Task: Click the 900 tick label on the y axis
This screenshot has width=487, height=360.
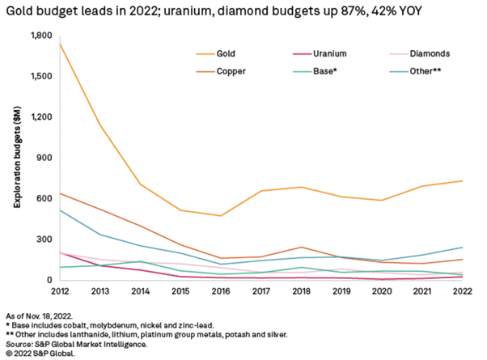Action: point(44,158)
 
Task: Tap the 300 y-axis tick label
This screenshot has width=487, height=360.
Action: point(44,239)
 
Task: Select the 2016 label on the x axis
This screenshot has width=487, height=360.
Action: point(220,290)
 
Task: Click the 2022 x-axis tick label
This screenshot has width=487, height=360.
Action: point(463,290)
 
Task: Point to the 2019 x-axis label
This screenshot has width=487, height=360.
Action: point(341,290)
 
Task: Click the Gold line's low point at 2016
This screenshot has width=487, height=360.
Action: point(220,216)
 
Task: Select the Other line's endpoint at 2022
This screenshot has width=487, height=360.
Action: point(463,248)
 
